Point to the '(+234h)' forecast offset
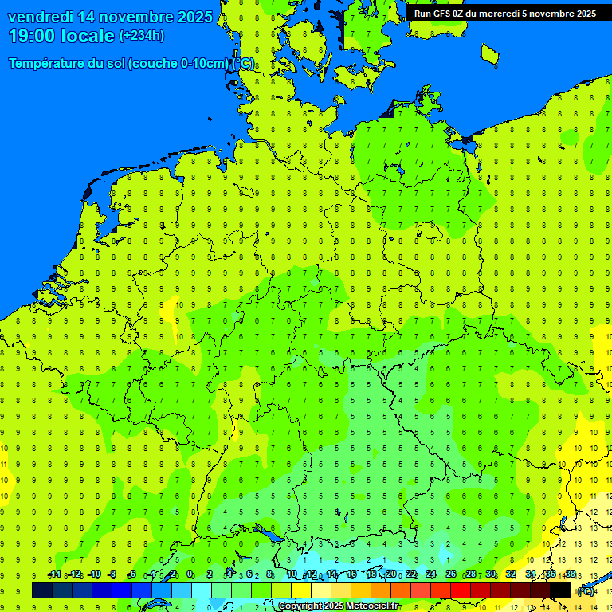click(142, 36)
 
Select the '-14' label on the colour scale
click(54, 575)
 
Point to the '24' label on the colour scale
click(431, 575)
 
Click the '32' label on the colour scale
click(511, 575)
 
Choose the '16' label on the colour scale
click(351, 575)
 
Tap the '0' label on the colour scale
click(190, 575)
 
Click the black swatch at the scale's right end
click(560, 590)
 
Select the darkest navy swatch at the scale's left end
click(42, 590)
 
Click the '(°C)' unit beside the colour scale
click(585, 590)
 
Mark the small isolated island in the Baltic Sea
click(490, 53)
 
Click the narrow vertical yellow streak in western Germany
click(174, 318)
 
